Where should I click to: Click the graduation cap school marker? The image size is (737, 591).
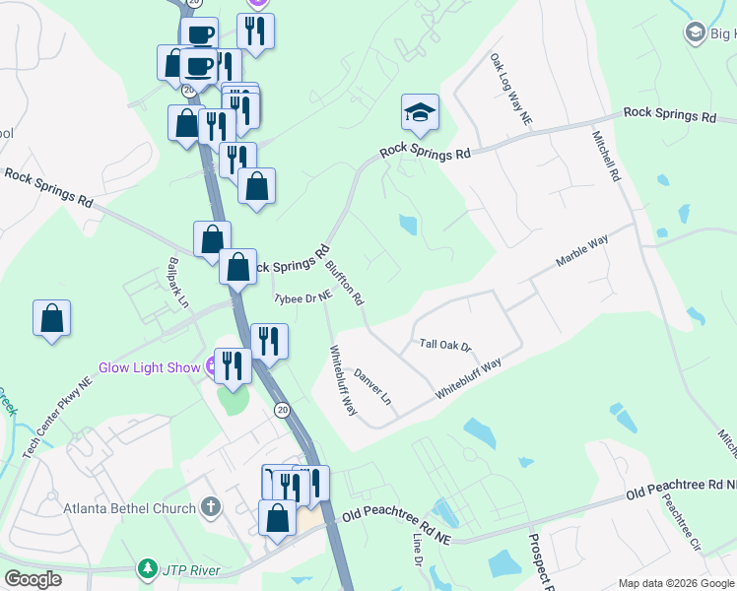[x=420, y=114]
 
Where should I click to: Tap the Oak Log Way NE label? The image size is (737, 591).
[x=510, y=89]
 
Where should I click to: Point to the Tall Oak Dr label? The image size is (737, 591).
[x=446, y=344]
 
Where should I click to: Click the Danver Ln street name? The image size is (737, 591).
[x=373, y=387]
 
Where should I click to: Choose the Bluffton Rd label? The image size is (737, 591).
[x=346, y=282]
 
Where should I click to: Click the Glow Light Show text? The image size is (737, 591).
[x=150, y=368]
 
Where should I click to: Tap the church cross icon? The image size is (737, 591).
[x=209, y=508]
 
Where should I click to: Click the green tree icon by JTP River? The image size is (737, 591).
[x=148, y=569]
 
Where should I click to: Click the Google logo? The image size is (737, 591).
[x=33, y=579]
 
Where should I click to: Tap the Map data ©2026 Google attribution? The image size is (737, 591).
[x=676, y=583]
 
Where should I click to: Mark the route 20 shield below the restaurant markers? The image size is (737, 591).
[x=282, y=410]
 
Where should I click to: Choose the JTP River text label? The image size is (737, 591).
[x=195, y=570]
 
